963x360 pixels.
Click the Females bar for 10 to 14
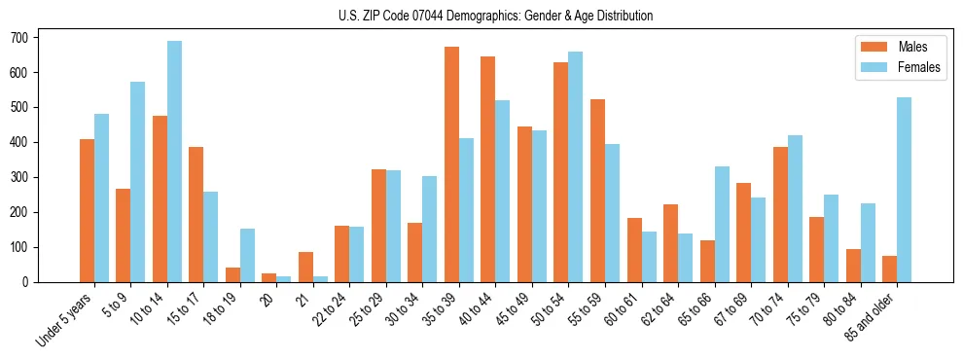(174, 162)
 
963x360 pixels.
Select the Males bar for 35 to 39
(451, 164)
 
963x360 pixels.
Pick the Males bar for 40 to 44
(488, 169)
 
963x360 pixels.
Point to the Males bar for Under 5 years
(87, 211)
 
